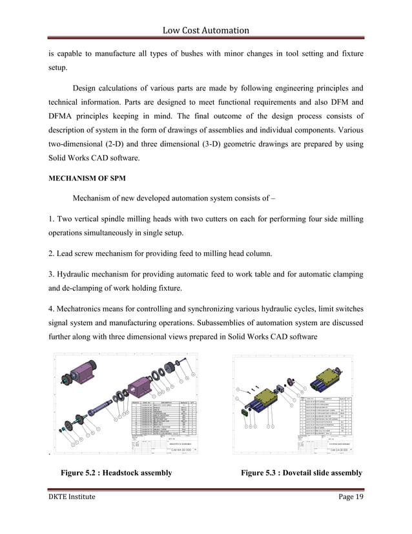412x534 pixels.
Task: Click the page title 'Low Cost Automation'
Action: pyautogui.click(x=206, y=30)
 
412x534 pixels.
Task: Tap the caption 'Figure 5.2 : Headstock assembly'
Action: pyautogui.click(x=116, y=473)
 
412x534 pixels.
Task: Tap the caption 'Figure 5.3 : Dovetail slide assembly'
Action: pyautogui.click(x=302, y=473)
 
